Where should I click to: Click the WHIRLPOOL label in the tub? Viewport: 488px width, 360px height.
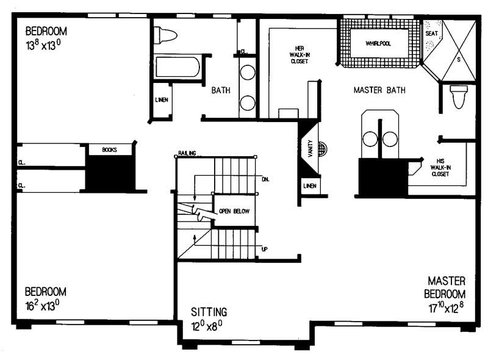point(378,43)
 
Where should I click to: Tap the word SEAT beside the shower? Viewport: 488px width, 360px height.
point(431,33)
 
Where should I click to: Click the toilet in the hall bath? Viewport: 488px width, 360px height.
point(165,35)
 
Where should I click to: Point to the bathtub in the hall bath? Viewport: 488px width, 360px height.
point(177,67)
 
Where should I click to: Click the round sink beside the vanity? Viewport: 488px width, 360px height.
point(323,148)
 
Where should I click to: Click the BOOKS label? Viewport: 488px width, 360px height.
point(110,149)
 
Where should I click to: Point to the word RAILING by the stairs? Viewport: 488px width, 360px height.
point(187,153)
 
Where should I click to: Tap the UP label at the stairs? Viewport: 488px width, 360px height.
point(264,250)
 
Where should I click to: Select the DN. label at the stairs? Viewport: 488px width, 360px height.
point(265,179)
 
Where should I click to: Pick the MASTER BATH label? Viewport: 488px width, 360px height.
point(379,90)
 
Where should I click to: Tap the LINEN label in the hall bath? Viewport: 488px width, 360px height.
point(162,100)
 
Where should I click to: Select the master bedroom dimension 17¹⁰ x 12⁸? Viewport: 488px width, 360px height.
point(447,308)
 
